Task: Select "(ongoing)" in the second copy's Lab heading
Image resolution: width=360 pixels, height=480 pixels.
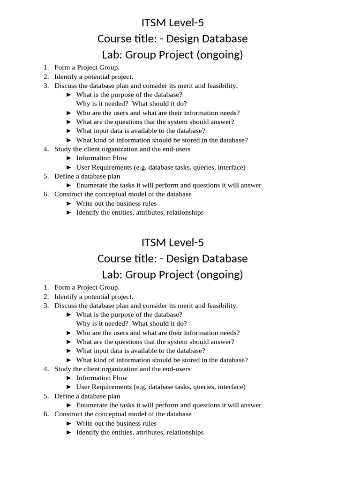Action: coord(220,274)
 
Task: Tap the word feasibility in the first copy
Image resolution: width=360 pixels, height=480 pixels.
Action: coord(221,85)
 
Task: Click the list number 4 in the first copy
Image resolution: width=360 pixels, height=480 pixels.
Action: coord(46,149)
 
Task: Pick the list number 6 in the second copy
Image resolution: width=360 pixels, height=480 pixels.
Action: coord(46,414)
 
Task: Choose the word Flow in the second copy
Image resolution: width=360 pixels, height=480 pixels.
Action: coord(120,378)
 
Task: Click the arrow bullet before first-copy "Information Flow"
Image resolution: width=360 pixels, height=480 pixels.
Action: coord(68,158)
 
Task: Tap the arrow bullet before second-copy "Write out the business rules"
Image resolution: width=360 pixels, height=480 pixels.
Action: coord(68,423)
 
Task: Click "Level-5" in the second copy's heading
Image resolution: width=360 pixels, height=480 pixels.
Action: coord(185,242)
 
